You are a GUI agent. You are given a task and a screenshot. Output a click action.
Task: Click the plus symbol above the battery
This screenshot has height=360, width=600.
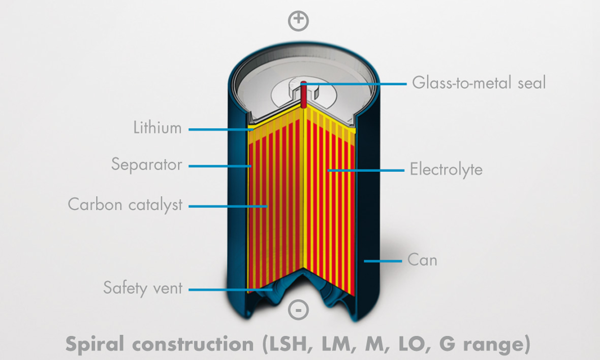(298, 21)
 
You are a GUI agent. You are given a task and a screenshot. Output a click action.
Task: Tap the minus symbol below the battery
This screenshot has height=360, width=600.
(298, 309)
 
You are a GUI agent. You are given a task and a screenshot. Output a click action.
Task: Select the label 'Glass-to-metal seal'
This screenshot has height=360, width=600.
(479, 83)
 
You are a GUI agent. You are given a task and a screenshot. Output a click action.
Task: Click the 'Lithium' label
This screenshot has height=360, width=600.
(157, 127)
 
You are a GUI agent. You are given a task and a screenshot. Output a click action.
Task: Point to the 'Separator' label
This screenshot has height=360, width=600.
(146, 165)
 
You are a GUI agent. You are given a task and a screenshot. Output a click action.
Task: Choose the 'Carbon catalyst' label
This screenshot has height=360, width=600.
(125, 205)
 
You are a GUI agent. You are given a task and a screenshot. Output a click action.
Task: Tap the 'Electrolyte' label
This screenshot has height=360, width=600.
(446, 170)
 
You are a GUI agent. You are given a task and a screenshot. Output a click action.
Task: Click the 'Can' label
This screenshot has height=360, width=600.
(423, 260)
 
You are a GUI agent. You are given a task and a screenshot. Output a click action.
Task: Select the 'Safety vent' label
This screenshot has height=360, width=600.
(143, 288)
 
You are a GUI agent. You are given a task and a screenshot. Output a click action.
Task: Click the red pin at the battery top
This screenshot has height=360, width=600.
(303, 94)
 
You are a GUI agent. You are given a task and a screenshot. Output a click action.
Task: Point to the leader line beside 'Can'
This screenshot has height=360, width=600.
(383, 261)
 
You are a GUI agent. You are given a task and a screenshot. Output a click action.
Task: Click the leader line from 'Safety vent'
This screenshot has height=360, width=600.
(231, 290)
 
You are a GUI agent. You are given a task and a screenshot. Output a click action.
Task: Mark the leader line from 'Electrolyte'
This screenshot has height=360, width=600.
(366, 170)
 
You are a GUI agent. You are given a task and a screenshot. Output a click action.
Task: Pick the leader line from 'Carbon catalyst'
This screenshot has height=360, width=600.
(228, 206)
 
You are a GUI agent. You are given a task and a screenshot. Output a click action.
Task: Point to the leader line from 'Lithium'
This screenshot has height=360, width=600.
(221, 129)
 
